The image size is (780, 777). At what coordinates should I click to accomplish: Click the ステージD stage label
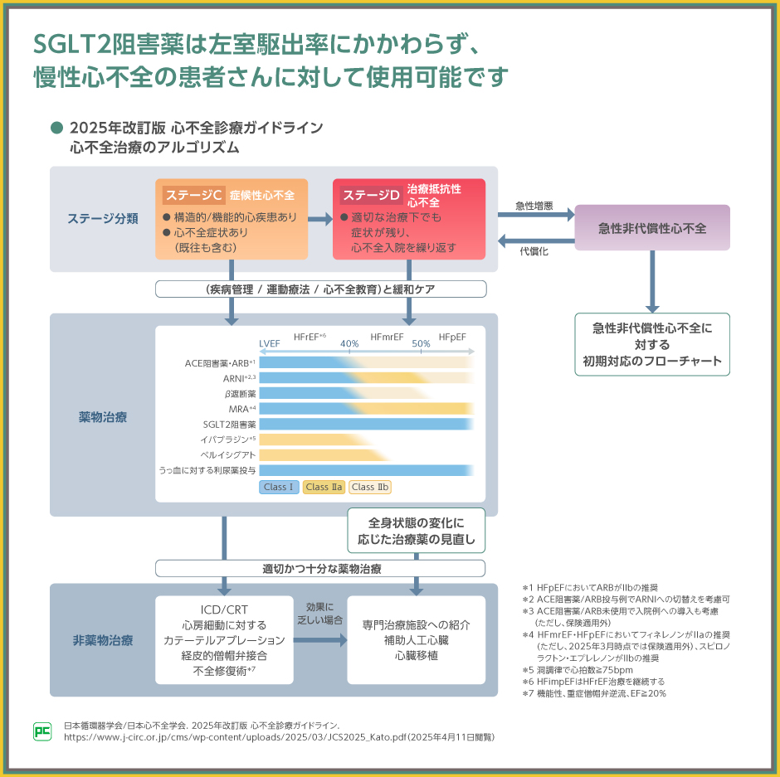pos(371,196)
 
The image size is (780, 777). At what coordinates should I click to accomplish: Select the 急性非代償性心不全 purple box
pos(652,228)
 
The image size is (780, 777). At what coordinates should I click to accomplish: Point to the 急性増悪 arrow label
pos(534,206)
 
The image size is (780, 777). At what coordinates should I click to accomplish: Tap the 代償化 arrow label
pos(534,250)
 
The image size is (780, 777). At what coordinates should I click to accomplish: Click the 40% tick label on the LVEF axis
pos(349,342)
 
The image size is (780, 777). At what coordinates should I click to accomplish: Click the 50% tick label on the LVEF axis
pos(421,342)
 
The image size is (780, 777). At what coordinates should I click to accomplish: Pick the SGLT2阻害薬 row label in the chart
pos(230,424)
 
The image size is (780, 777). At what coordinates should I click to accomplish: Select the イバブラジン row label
pos(227,439)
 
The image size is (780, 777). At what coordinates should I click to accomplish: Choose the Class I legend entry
pos(279,487)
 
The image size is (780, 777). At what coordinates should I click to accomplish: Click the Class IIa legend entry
pos(324,487)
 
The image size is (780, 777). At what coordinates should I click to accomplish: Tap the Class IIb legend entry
pos(370,487)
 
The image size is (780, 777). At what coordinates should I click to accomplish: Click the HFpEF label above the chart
pos(452,337)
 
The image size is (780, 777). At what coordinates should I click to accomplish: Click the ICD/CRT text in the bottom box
pos(224,610)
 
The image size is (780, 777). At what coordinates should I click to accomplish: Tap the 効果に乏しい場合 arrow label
pos(319,613)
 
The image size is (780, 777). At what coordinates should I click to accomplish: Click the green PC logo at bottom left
pos(42,731)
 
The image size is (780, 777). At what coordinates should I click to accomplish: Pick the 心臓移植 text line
pos(417,655)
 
